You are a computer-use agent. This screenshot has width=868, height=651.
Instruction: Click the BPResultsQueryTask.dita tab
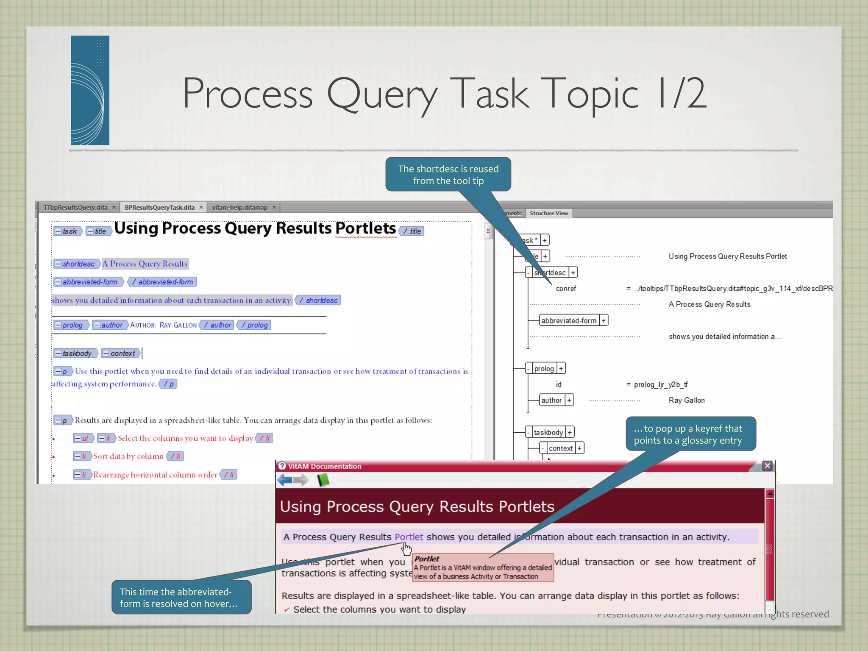[x=159, y=207]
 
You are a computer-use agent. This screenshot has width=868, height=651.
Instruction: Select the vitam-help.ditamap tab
[x=239, y=207]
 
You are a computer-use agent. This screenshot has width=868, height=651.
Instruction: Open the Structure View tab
[x=548, y=213]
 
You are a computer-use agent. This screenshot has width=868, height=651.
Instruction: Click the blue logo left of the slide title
[x=90, y=90]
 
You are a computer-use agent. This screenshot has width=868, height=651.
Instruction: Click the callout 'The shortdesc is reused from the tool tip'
[x=448, y=175]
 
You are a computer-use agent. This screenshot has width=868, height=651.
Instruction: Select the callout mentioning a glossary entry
[x=690, y=434]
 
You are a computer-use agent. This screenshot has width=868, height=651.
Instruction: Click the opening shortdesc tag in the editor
[x=76, y=264]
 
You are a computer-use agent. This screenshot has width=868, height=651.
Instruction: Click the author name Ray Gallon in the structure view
[x=687, y=400]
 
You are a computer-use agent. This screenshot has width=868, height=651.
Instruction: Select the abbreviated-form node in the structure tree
[x=568, y=320]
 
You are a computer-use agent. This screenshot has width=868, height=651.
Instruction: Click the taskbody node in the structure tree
[x=548, y=432]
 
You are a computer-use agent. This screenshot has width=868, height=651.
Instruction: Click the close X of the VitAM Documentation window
[x=767, y=466]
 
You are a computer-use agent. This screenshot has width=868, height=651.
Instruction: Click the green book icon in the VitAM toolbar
[x=323, y=480]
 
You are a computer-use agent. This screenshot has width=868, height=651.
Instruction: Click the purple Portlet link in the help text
[x=409, y=537]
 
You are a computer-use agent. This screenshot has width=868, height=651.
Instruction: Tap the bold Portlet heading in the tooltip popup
[x=427, y=559]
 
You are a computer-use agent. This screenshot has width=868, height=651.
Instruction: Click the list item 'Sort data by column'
[x=128, y=456]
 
